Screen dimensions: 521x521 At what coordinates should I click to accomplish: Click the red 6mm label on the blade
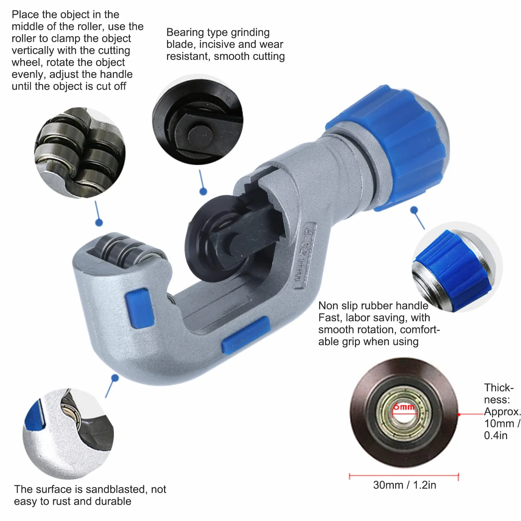coord(403,406)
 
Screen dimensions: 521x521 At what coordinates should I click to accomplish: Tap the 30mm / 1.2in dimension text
coord(404,485)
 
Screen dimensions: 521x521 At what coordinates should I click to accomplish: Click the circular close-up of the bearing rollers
coord(80,152)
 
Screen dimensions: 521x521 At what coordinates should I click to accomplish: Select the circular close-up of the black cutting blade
coord(198,120)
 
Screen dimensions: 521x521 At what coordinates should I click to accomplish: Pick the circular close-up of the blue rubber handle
coord(457,267)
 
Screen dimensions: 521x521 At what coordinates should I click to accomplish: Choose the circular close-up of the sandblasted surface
coord(68,434)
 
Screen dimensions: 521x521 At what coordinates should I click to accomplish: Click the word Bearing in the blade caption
coord(185,33)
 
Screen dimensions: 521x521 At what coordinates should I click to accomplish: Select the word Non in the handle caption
coord(328,305)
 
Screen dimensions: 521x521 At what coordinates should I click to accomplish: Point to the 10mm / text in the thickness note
coord(502,423)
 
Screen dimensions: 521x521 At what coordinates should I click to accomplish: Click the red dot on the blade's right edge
coord(459,414)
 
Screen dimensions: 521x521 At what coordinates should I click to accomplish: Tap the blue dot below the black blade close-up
coord(203,191)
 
